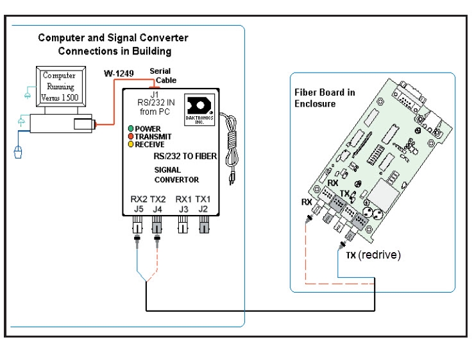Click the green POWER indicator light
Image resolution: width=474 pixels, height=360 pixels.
point(130,129)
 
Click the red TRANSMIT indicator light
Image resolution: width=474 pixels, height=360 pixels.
point(130,137)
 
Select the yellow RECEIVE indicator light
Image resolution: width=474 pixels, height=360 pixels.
point(130,145)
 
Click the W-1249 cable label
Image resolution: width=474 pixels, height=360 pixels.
point(119,74)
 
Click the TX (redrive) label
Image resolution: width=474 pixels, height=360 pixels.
point(373,255)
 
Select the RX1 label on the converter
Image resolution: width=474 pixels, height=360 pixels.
point(183,198)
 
